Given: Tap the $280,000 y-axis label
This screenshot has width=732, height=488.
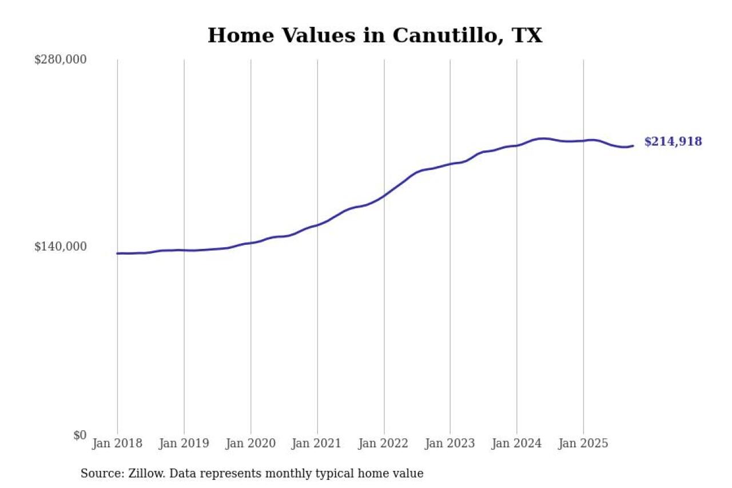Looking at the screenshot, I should point(61,59).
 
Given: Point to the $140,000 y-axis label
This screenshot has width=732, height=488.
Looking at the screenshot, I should point(61,247).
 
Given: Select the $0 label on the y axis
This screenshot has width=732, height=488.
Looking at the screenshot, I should point(79,435).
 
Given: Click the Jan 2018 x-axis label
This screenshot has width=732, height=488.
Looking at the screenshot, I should point(117,443).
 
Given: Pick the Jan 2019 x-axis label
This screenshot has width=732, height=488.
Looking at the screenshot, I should point(184,443).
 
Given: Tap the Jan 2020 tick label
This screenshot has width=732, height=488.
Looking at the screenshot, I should point(250,443).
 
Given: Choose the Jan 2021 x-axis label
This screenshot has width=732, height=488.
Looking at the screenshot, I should point(317,443).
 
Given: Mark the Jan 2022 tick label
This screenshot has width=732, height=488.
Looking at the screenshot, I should point(384,443).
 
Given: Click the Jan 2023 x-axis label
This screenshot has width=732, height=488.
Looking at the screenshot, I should point(450,443).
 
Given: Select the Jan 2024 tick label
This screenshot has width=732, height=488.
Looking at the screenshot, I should point(517,443).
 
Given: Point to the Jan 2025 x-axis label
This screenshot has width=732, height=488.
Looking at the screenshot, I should point(583,443).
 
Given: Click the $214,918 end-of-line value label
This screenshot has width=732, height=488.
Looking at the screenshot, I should point(673,142).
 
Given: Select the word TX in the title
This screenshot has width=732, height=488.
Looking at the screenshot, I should point(527,35).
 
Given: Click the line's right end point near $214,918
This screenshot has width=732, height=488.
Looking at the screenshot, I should point(632,146).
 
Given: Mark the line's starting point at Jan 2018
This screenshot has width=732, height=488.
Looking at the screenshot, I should point(117,253).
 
